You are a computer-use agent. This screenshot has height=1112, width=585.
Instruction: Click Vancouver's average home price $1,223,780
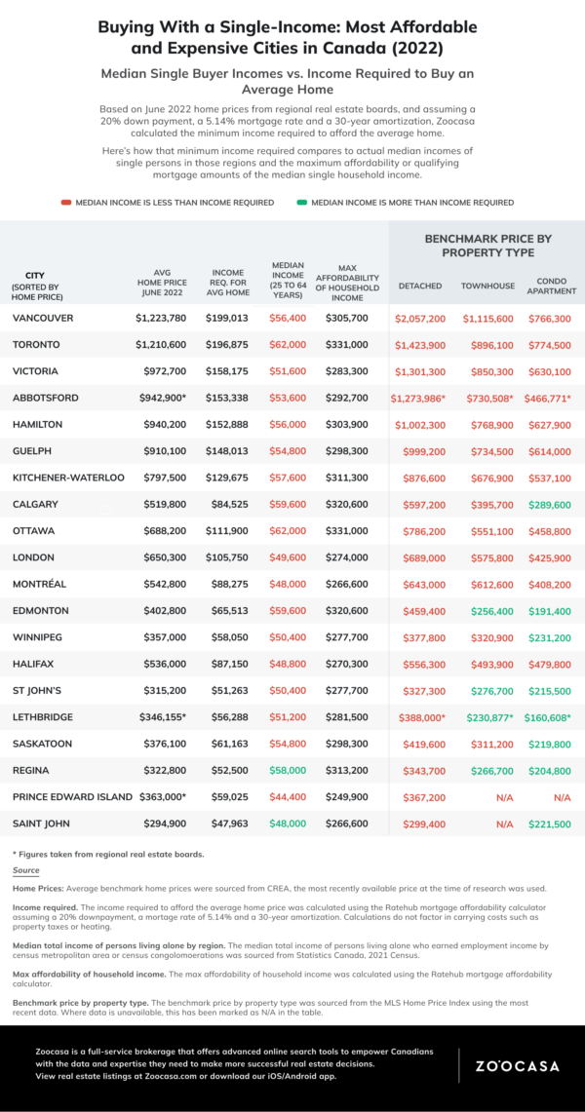(161, 318)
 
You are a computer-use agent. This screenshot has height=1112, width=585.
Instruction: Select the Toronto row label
(36, 345)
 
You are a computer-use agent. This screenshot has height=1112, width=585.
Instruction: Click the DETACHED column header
(420, 286)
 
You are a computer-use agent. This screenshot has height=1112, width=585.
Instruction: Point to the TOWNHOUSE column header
(487, 286)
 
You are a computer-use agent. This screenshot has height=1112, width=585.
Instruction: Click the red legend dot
(65, 203)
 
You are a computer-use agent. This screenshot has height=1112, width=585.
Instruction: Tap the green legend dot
(301, 203)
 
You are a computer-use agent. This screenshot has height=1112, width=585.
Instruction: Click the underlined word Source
(25, 870)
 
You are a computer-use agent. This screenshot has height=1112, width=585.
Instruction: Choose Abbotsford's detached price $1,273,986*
(418, 398)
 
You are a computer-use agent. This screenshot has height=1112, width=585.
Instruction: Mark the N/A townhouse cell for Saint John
(504, 824)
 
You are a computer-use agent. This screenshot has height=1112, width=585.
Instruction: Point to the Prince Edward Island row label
(72, 796)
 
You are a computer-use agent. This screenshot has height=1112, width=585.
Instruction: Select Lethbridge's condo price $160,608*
(548, 717)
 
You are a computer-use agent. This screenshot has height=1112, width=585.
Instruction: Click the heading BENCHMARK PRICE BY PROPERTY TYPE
(487, 246)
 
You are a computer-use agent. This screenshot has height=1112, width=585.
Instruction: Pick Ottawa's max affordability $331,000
(347, 530)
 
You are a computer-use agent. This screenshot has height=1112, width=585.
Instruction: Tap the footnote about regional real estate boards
(108, 854)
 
